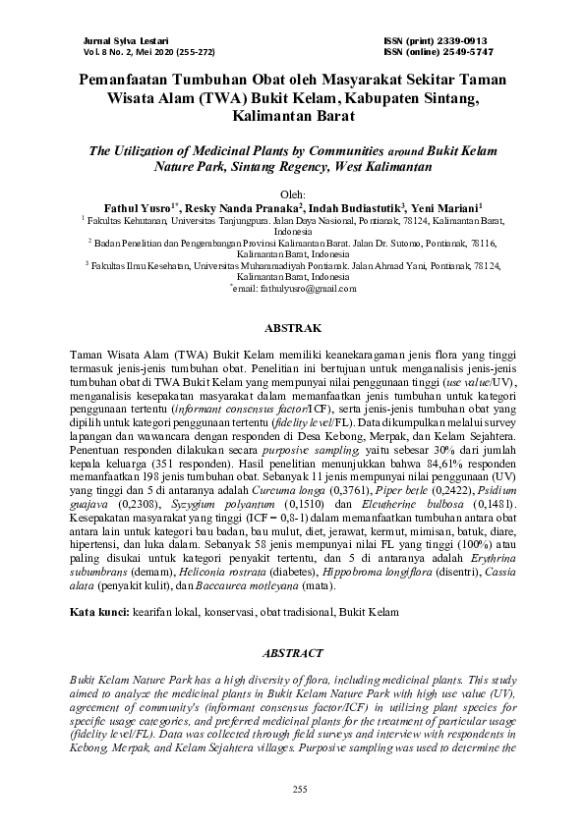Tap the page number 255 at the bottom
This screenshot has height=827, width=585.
click(x=292, y=791)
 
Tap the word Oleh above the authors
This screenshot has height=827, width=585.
click(x=292, y=193)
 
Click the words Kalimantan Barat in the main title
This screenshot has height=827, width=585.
click(x=292, y=116)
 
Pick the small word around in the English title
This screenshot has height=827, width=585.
click(x=402, y=153)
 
